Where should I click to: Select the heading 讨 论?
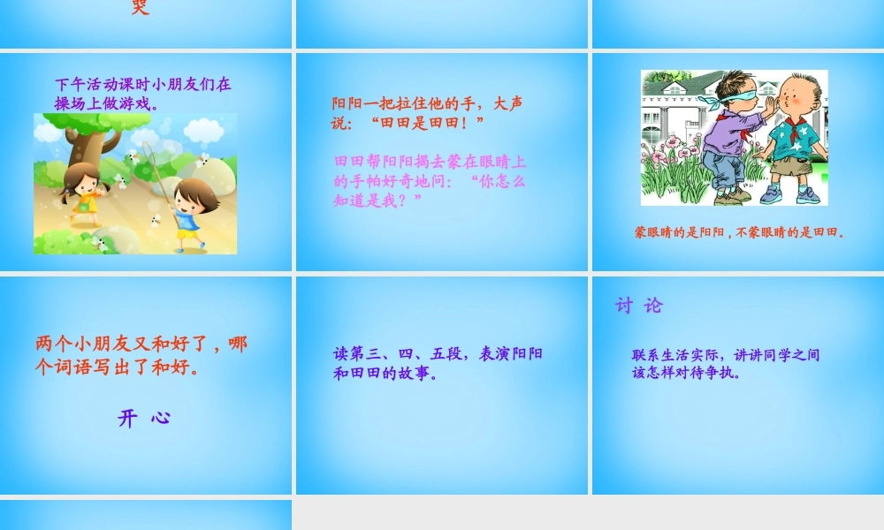[638, 306]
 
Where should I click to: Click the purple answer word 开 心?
[144, 418]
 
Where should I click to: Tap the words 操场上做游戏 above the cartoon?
[106, 103]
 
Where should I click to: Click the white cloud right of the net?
[203, 131]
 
